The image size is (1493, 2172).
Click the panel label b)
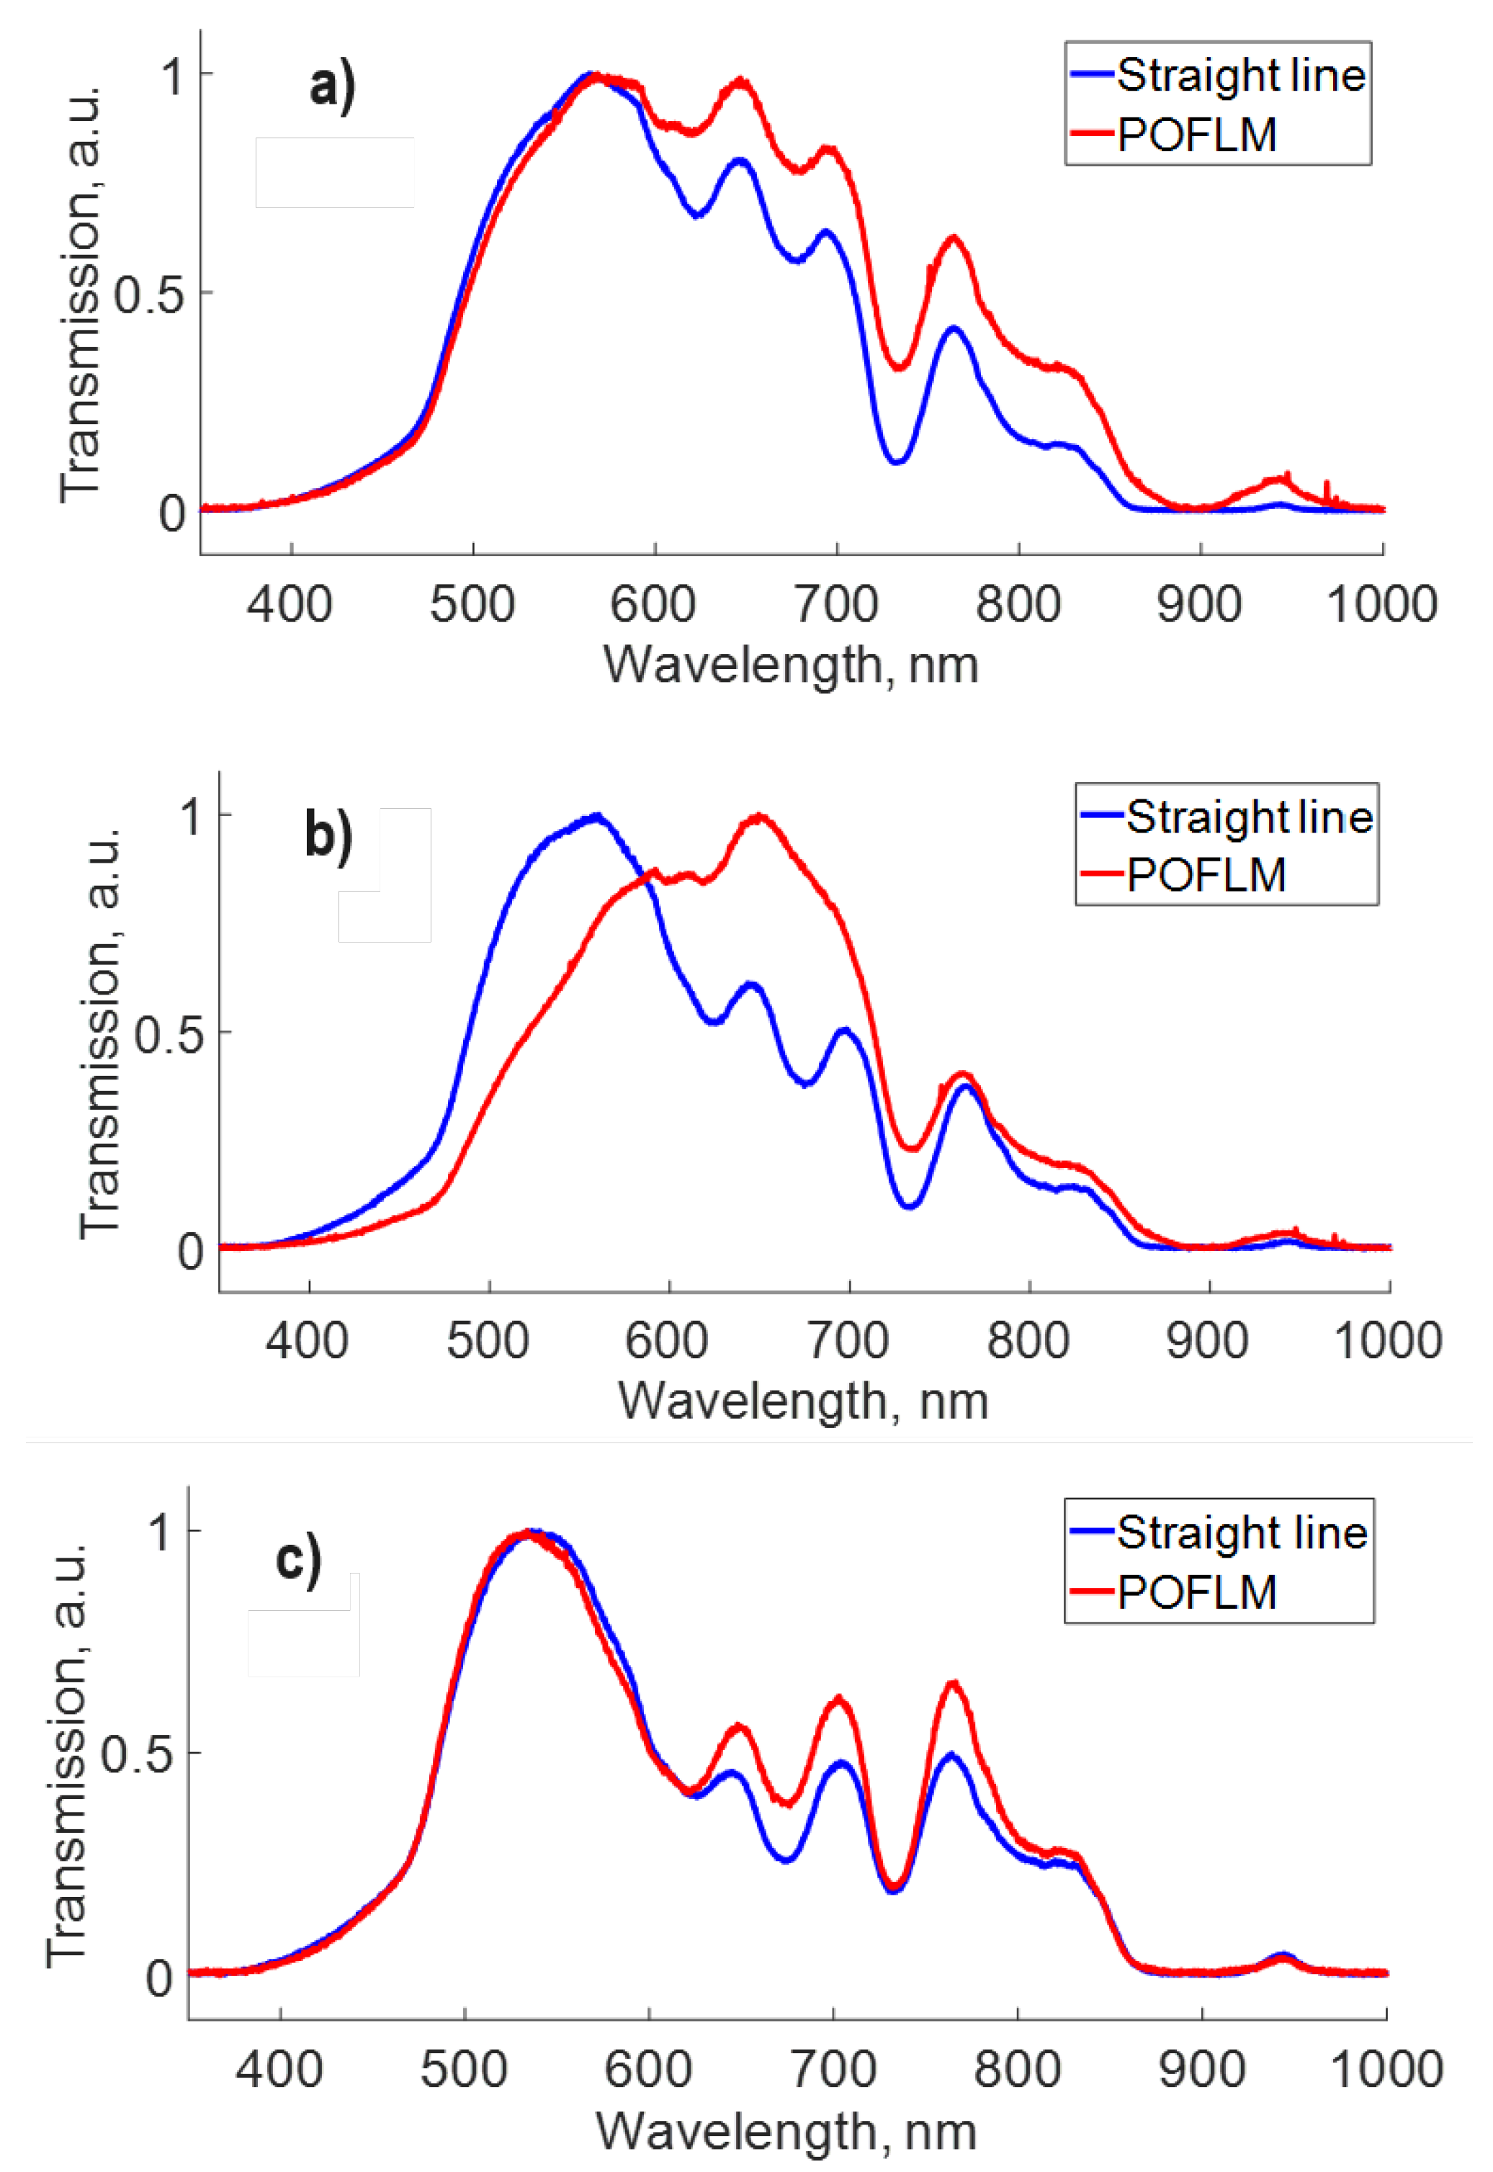click(x=328, y=835)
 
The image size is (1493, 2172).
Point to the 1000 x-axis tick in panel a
click(x=1381, y=604)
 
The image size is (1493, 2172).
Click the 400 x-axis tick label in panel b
click(x=308, y=1339)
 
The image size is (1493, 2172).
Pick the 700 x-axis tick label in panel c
click(x=833, y=2068)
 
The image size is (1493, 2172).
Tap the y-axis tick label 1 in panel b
click(x=192, y=816)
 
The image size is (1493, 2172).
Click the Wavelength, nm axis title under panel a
click(x=791, y=666)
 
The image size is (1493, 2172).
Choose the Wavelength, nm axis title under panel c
click(x=786, y=2131)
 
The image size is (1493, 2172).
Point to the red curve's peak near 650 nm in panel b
click(x=758, y=817)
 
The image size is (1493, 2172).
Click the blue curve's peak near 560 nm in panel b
click(x=596, y=816)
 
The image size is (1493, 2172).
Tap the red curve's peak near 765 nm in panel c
click(x=952, y=1683)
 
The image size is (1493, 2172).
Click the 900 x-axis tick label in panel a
click(x=1199, y=604)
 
